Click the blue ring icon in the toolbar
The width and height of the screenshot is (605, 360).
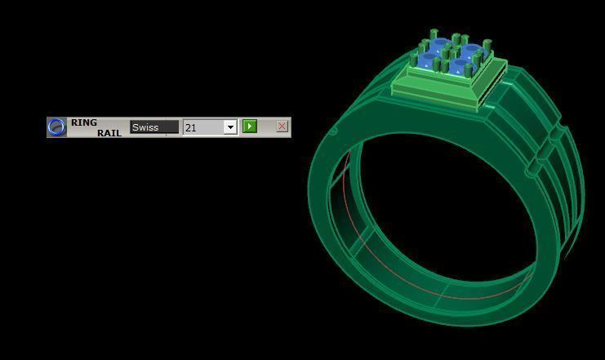click(56, 127)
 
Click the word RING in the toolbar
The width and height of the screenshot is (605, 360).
click(83, 122)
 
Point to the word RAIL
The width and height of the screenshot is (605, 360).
click(109, 132)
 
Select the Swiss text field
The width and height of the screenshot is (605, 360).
click(154, 127)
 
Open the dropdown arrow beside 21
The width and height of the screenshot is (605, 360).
click(230, 127)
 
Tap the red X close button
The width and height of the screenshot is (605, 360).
click(282, 127)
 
